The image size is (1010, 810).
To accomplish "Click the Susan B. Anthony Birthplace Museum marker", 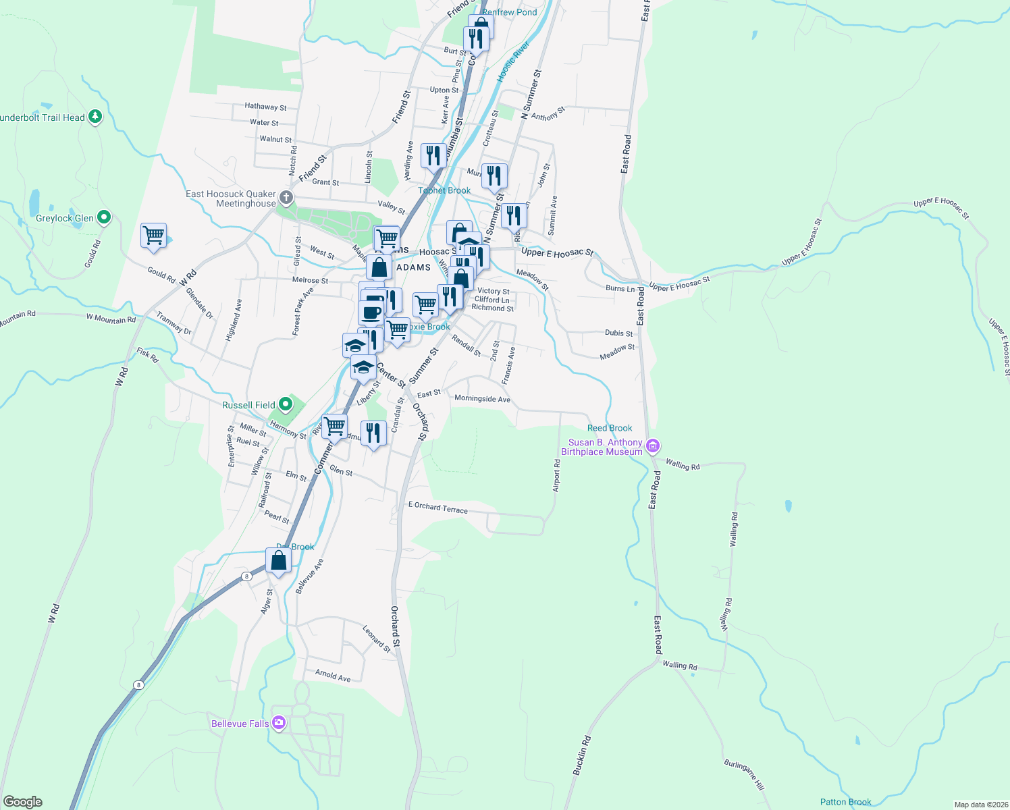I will click(652, 446).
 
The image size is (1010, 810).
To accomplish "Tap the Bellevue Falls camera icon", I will click(278, 724).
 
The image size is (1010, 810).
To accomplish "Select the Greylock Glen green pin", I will click(103, 217).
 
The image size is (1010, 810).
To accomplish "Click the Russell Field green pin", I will click(286, 404).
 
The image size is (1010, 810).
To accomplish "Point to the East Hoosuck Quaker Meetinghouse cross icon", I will click(286, 198).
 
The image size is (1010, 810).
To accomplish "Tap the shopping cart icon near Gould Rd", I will click(154, 236).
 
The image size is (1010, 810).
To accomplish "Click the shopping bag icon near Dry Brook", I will click(278, 561).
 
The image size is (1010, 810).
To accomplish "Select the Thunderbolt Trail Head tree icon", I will click(95, 117).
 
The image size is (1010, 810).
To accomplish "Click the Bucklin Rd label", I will click(582, 754).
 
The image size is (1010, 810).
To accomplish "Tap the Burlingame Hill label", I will click(744, 774).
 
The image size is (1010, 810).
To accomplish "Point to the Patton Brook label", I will click(845, 802).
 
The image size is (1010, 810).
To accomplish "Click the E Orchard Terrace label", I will click(438, 508).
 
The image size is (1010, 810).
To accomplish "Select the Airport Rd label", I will click(557, 475).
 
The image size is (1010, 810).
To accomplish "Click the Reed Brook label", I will click(610, 428).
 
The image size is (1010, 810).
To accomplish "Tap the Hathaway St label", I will click(265, 107).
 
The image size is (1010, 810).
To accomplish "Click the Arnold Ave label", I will click(333, 675).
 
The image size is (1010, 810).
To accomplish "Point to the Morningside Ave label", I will click(482, 399).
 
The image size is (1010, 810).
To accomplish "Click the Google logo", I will click(22, 802).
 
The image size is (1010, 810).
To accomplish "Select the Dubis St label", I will click(619, 333).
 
